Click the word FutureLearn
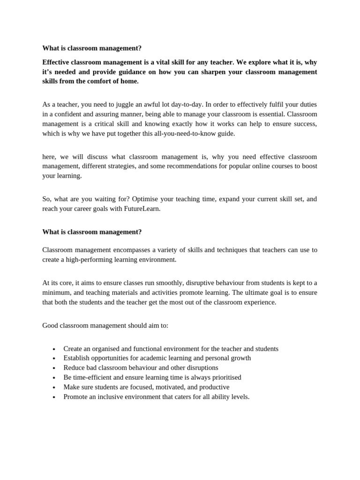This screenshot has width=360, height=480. pos(141,209)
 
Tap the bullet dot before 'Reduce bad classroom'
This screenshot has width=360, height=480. pos(54,368)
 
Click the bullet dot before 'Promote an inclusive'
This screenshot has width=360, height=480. pos(54,397)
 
